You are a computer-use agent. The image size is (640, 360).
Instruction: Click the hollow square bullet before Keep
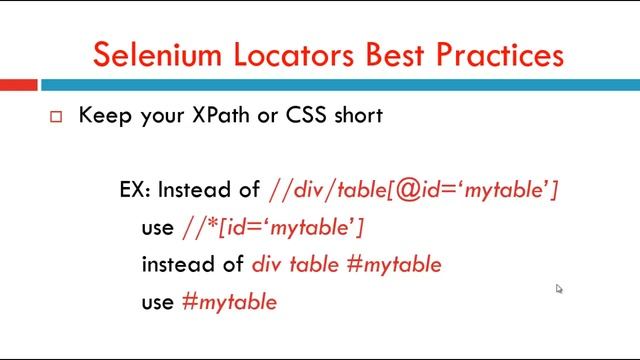(x=56, y=117)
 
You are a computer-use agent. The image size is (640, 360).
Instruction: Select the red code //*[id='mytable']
(x=272, y=228)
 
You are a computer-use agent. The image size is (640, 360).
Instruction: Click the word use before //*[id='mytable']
(x=157, y=228)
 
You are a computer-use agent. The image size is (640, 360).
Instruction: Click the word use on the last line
(x=157, y=302)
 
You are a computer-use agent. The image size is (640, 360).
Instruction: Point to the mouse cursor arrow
(x=558, y=288)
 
